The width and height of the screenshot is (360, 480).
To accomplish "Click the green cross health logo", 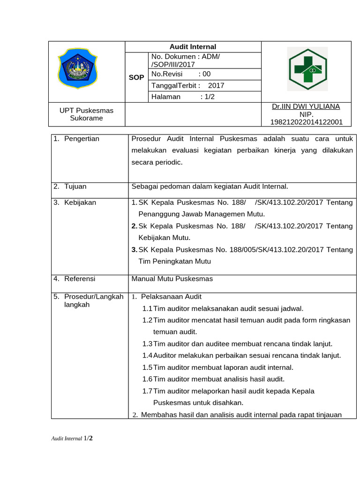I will pyautogui.click(x=307, y=70).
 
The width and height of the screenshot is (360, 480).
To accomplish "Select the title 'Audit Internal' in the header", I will pyautogui.click(x=193, y=47).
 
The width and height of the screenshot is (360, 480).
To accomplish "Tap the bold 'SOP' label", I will pyautogui.click(x=136, y=77).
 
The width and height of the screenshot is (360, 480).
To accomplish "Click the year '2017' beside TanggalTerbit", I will pyautogui.click(x=216, y=86).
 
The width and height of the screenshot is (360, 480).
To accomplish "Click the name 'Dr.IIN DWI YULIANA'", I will pyautogui.click(x=306, y=107).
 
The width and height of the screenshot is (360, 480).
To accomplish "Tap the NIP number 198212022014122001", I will pyautogui.click(x=307, y=122).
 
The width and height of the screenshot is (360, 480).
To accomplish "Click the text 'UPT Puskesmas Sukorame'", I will pyautogui.click(x=86, y=114).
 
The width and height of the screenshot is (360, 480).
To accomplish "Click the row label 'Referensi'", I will pyautogui.click(x=79, y=279).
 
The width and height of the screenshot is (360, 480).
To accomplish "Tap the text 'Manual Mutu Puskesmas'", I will pyautogui.click(x=172, y=279).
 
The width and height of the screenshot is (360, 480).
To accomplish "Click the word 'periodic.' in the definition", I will pyautogui.click(x=168, y=163).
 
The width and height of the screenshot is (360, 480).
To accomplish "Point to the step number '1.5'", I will pyautogui.click(x=147, y=367).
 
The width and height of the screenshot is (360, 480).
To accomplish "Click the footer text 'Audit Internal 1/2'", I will pyautogui.click(x=72, y=439).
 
